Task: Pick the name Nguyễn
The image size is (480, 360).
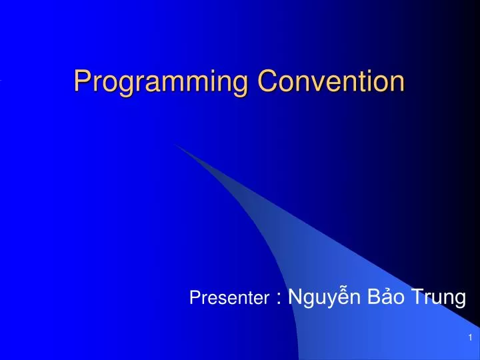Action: click(x=319, y=297)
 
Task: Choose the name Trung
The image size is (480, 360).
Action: click(x=436, y=297)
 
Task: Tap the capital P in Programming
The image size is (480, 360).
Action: click(x=82, y=81)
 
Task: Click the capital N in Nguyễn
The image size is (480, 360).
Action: click(x=295, y=297)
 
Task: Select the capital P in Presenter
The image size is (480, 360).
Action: click(x=194, y=299)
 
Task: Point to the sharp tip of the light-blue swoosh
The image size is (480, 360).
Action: click(x=175, y=143)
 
